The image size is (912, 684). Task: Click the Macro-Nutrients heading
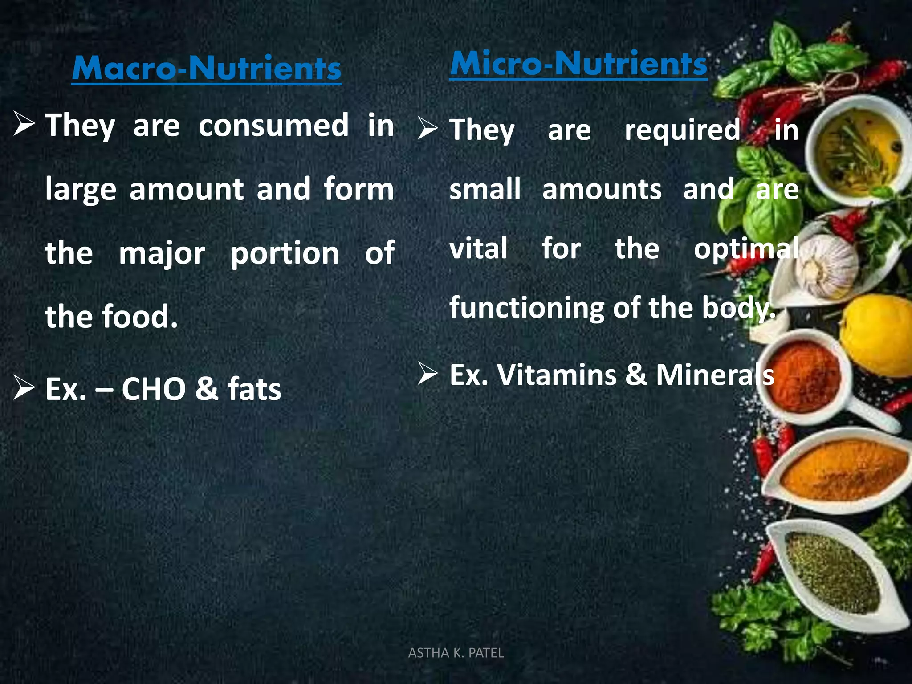tap(206, 69)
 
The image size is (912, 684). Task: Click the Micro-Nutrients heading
tap(578, 64)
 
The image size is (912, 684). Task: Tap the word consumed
tap(273, 126)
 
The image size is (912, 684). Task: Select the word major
tap(162, 254)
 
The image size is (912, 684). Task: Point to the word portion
tap(285, 254)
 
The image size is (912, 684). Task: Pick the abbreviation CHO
tap(154, 389)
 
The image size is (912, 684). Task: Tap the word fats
tap(254, 389)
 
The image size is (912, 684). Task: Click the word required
tap(682, 130)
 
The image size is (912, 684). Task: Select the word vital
tap(478, 248)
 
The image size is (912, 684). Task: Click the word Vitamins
tap(557, 375)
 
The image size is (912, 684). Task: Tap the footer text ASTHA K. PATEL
tap(456, 653)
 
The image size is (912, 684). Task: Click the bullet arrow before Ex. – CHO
tap(24, 387)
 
